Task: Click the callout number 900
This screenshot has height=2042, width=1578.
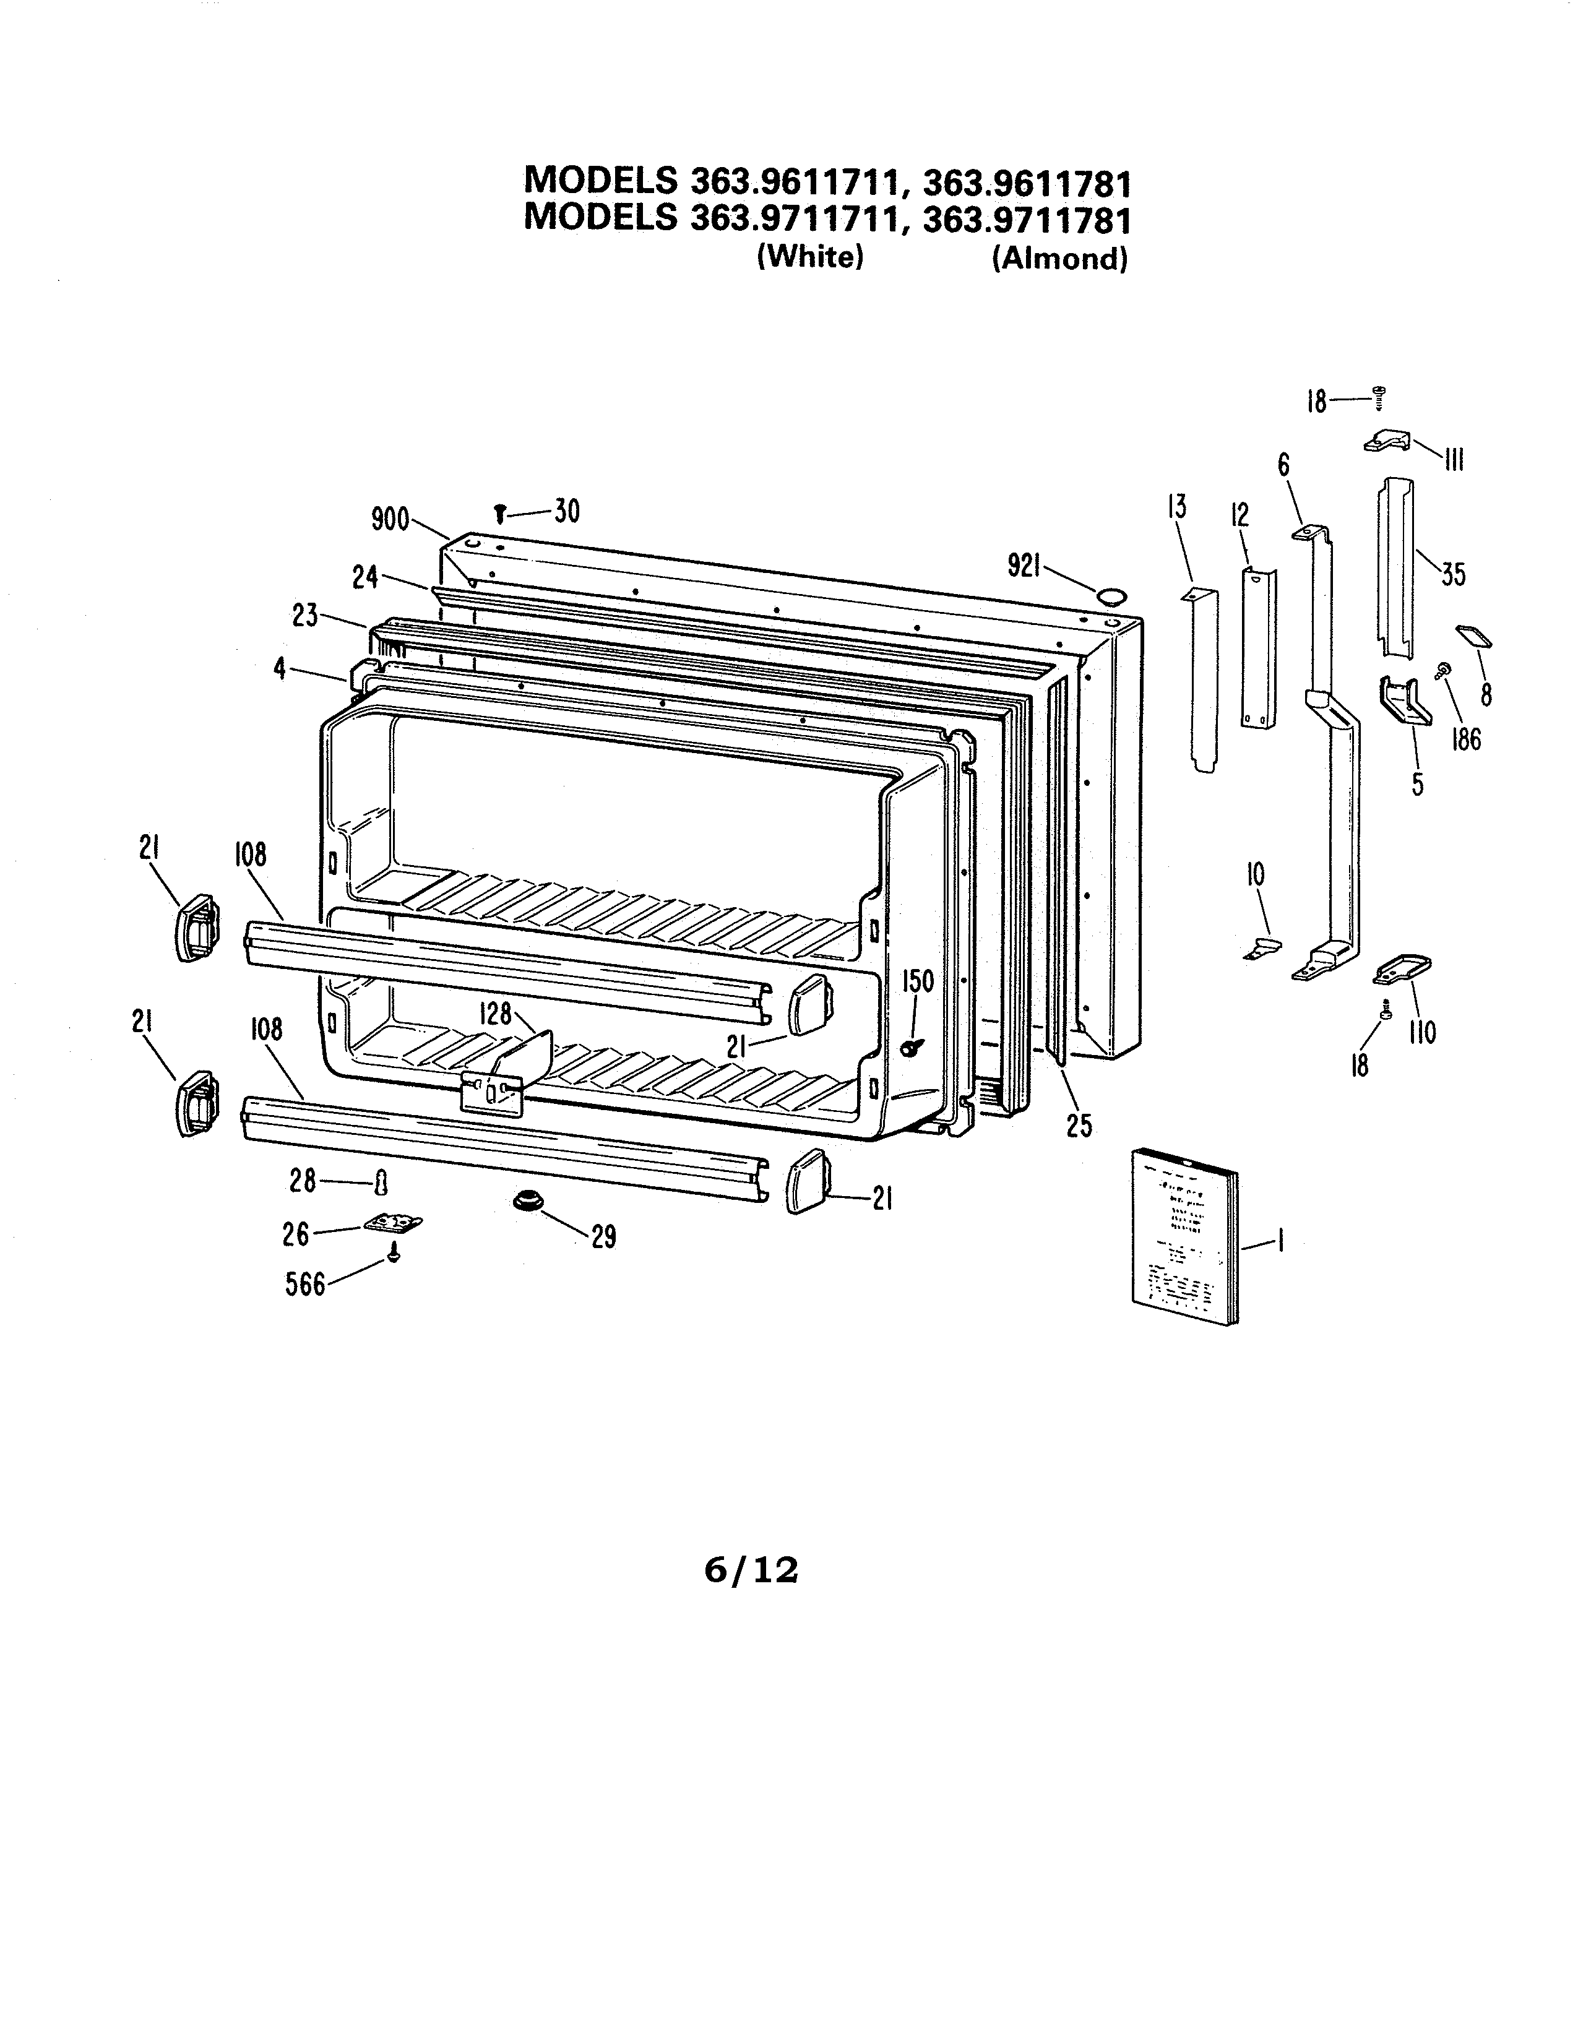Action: coord(390,519)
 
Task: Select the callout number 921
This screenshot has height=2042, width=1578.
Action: coord(1025,565)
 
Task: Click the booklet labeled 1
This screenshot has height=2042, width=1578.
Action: coord(1183,1237)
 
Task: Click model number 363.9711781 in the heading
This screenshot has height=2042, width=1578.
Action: coord(1027,220)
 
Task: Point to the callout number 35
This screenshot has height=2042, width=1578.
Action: coord(1453,573)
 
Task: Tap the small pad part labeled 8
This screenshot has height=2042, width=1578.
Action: coord(1474,637)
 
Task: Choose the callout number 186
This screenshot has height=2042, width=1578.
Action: coord(1466,739)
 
